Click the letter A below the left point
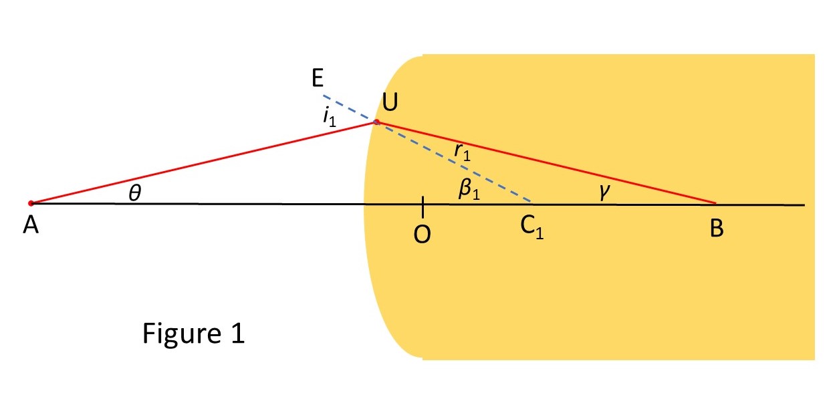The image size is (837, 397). click(30, 227)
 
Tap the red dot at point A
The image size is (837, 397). click(31, 203)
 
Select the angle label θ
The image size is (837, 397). click(134, 193)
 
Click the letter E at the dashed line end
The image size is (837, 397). click(317, 80)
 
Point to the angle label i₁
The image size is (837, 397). click(328, 116)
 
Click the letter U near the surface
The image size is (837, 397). click(390, 103)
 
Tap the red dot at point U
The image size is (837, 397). click(376, 122)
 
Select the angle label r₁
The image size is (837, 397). click(461, 152)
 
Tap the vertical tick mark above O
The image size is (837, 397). click(423, 207)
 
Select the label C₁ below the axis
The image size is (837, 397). click(532, 229)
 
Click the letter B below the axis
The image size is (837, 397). click(717, 229)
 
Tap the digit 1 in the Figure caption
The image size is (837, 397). click(238, 333)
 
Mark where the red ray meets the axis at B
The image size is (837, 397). click(716, 203)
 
